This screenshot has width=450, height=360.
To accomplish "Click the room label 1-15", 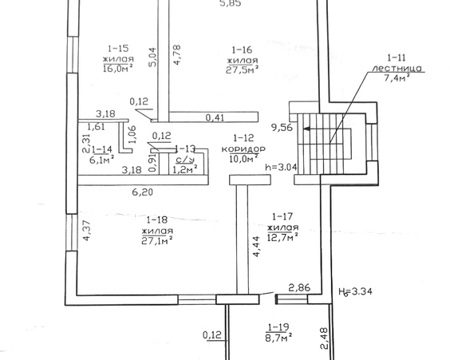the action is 118,48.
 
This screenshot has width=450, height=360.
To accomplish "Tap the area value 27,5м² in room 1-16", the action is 243,70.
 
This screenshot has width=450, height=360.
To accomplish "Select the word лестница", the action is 397,69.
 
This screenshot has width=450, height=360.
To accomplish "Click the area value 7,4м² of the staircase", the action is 397,77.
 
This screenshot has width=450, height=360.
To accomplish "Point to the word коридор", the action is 243,148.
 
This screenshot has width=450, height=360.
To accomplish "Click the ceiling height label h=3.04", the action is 281,167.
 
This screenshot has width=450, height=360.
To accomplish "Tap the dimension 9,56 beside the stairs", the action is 282,127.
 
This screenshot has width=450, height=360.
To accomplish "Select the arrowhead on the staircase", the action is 306,129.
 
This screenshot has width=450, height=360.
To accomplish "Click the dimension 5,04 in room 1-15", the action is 152,57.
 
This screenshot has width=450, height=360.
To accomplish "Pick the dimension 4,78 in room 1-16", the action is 176,54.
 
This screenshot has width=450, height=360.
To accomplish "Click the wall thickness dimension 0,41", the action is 215,117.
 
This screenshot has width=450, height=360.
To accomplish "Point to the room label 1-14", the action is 102,149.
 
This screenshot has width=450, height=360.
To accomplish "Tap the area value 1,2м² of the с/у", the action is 185,169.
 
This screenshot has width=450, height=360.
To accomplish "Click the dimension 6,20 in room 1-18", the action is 142,192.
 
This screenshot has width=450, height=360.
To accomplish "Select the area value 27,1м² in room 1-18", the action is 157,240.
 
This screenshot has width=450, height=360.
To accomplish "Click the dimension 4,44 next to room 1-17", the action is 256,246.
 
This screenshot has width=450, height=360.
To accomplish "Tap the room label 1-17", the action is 282,216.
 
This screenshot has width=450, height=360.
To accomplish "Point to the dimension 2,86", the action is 299,287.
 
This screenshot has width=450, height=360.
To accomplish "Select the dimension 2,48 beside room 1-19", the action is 324,338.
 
